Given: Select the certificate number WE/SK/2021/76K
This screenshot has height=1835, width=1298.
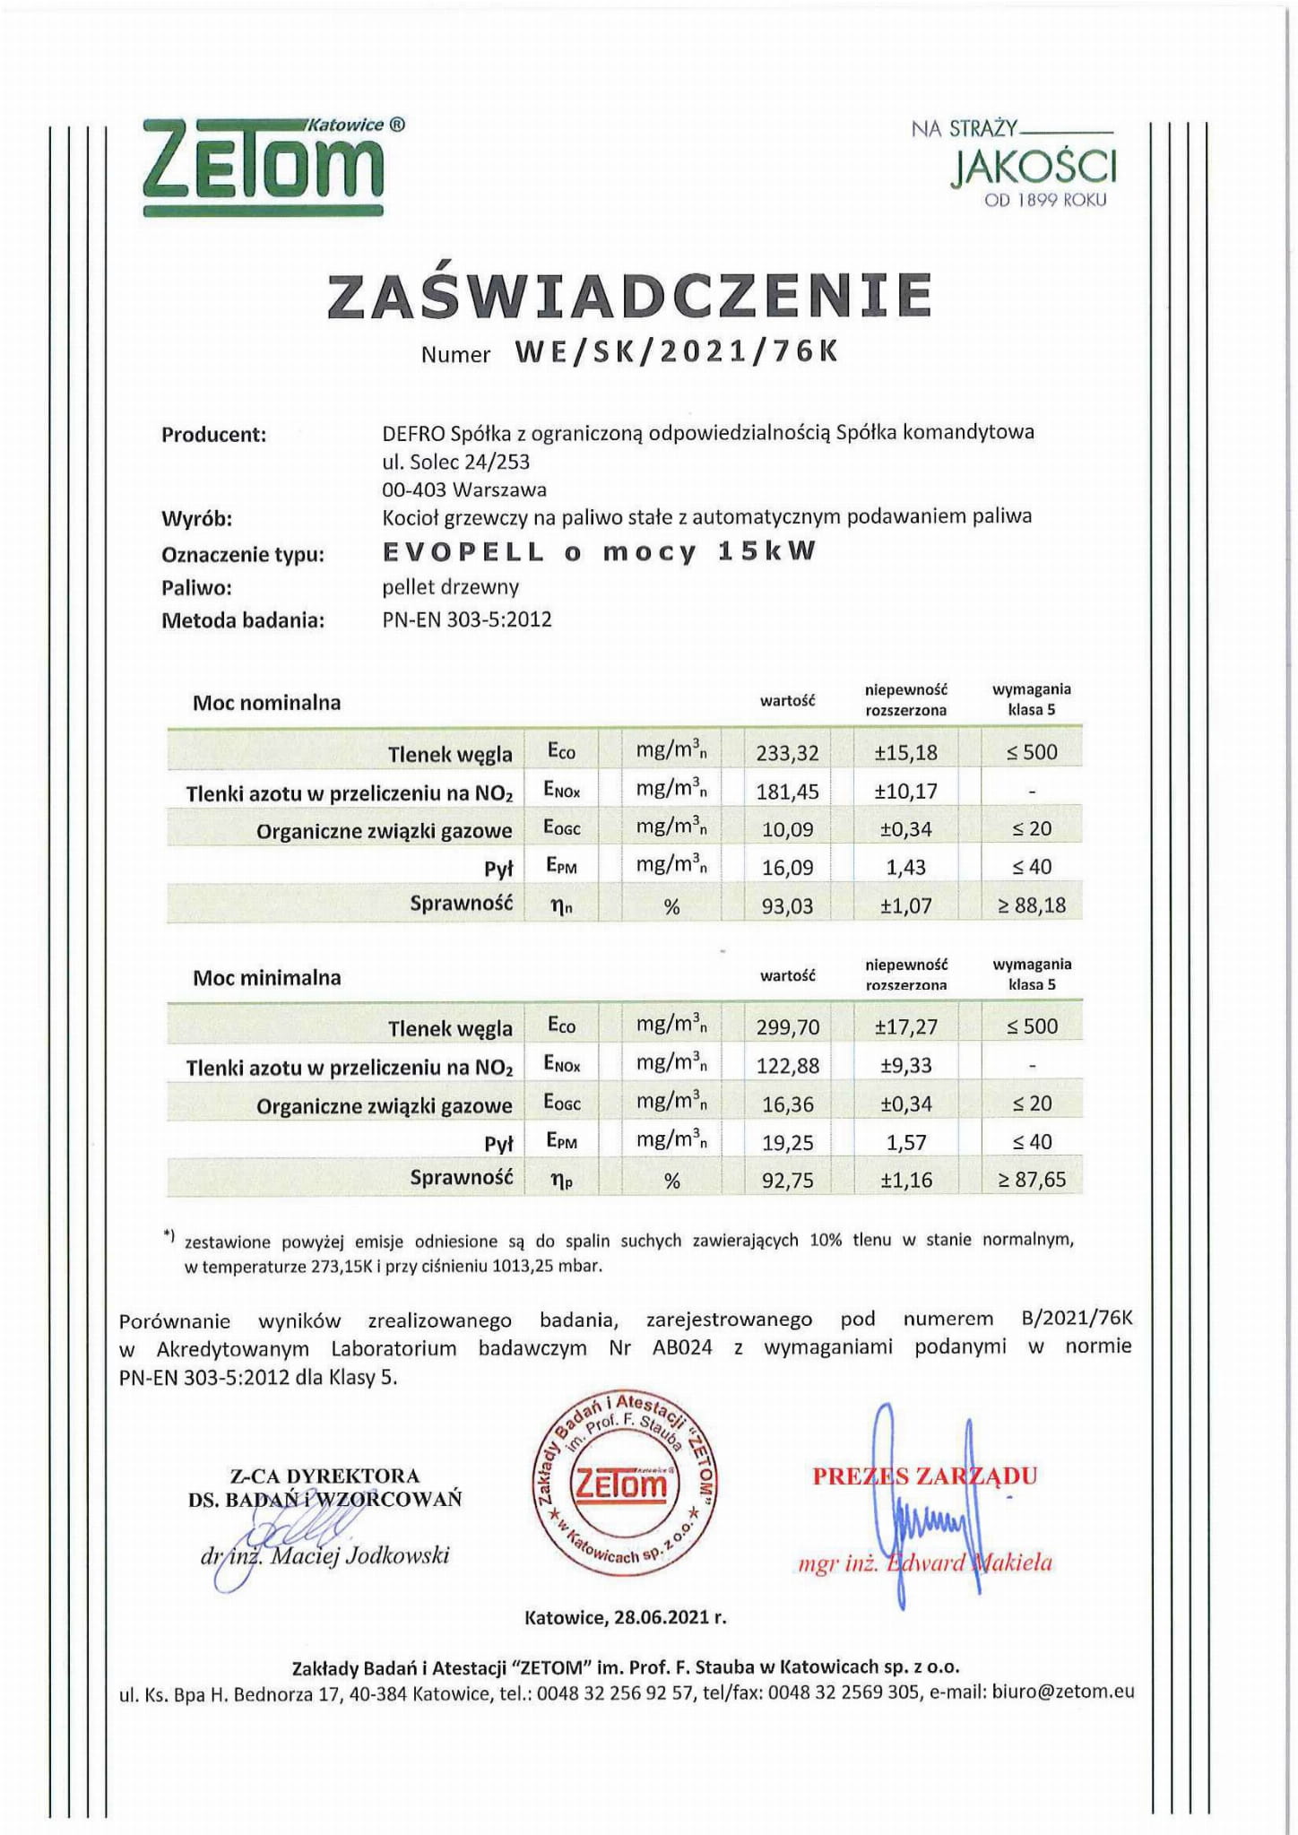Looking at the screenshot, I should pyautogui.click(x=677, y=352).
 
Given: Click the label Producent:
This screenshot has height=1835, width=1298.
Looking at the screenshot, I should pyautogui.click(x=213, y=436).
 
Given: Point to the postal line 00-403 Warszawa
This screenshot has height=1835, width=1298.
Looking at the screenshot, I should pyautogui.click(x=464, y=489).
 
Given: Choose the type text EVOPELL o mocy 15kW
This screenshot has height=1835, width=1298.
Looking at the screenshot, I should pyautogui.click(x=600, y=552).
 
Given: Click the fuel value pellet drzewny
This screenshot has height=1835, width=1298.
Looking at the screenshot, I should pyautogui.click(x=450, y=587).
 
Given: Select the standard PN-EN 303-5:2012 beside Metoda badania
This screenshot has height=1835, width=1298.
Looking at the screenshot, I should pyautogui.click(x=467, y=619).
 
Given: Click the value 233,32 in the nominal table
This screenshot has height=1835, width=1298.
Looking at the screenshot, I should pyautogui.click(x=787, y=753).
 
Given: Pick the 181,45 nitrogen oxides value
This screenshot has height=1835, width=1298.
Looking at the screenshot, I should pyautogui.click(x=787, y=792).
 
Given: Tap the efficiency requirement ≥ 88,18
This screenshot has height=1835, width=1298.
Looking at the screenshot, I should pyautogui.click(x=1032, y=905).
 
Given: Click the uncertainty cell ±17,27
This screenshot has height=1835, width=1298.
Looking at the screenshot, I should pyautogui.click(x=905, y=1027).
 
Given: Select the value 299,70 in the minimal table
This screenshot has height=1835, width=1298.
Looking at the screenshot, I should pyautogui.click(x=787, y=1027).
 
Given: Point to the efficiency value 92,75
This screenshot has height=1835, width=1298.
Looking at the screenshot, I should pyautogui.click(x=787, y=1181).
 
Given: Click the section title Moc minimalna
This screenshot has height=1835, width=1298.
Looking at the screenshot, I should pyautogui.click(x=267, y=977).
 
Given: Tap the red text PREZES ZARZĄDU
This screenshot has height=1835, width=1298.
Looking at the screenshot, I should pyautogui.click(x=924, y=1476).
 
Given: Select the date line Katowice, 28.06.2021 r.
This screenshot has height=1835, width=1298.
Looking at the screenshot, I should pyautogui.click(x=625, y=1618).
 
